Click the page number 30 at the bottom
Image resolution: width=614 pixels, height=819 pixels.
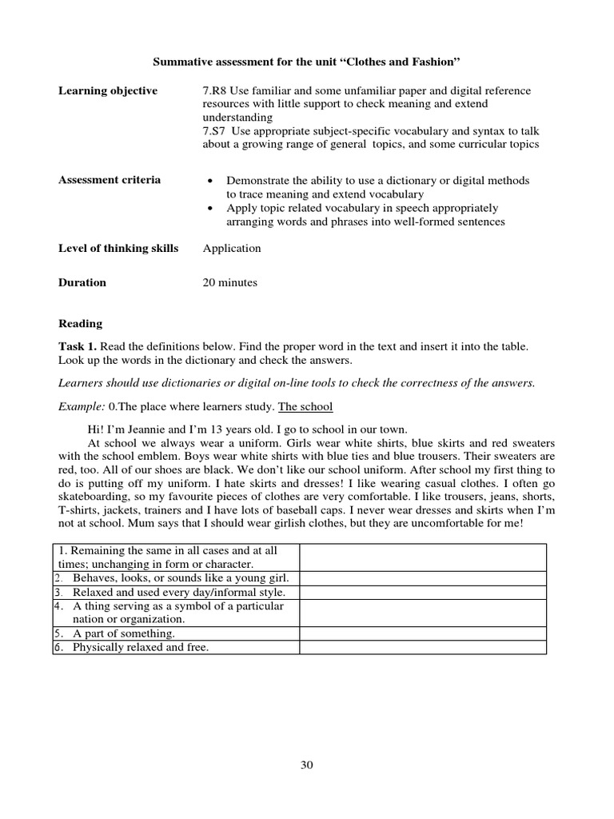(x=307, y=765)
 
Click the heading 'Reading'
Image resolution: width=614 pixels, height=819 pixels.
(x=80, y=324)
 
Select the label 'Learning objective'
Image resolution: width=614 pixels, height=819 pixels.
(x=108, y=91)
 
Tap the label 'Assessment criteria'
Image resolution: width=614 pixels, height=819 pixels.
(x=110, y=180)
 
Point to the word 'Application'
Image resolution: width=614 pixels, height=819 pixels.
(x=232, y=248)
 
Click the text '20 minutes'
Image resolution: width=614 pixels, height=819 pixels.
(x=230, y=282)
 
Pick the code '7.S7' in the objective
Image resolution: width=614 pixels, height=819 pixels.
(x=217, y=130)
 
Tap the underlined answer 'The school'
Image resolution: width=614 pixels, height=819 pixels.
(x=305, y=406)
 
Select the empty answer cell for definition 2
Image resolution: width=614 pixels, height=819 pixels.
(x=423, y=577)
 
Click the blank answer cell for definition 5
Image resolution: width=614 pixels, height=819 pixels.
(x=423, y=633)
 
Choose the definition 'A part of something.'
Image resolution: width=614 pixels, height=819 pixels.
(x=124, y=633)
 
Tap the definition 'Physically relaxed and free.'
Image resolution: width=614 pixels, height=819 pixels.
(x=140, y=647)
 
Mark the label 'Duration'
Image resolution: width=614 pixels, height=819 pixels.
(x=82, y=282)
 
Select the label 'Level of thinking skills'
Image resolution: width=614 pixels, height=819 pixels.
(x=118, y=248)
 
